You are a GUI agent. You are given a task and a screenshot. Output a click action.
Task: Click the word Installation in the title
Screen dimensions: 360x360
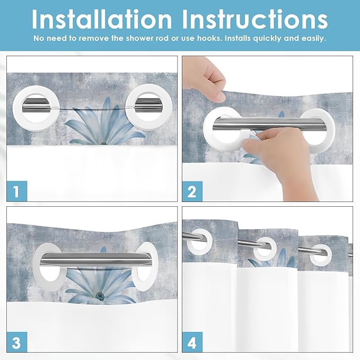point(101,19)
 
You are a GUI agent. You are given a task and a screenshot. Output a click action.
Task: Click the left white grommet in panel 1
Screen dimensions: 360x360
point(31,104)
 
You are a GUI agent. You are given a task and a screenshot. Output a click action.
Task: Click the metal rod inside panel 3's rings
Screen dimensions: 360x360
point(98,259)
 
